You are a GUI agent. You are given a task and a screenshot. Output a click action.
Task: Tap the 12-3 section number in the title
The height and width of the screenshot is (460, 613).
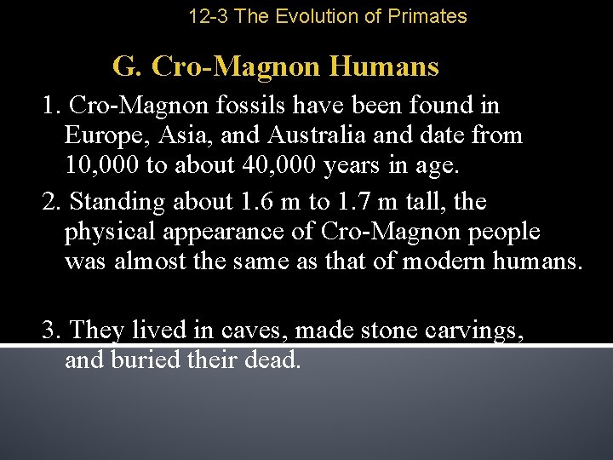pyautogui.click(x=208, y=16)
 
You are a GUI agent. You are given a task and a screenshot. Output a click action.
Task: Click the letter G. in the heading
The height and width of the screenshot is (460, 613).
pyautogui.click(x=128, y=66)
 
